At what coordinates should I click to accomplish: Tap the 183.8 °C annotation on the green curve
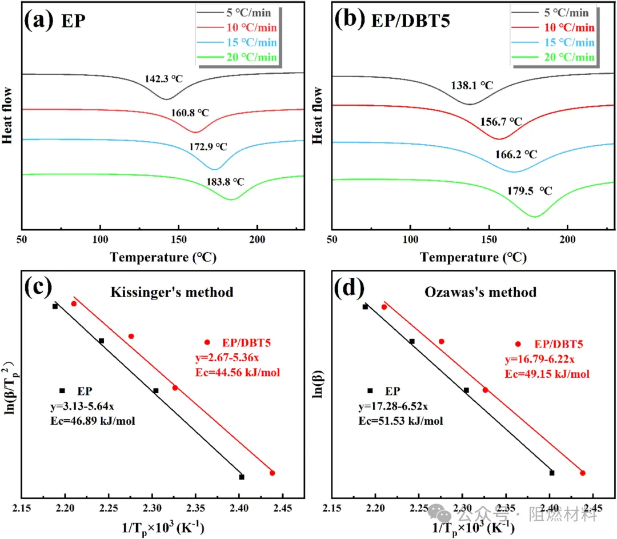(x=226, y=182)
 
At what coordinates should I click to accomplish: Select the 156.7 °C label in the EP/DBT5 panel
(x=501, y=122)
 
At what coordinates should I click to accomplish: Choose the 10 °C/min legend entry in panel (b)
(x=570, y=28)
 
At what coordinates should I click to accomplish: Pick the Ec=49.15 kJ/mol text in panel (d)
(x=547, y=374)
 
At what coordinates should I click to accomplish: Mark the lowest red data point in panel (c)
(x=273, y=473)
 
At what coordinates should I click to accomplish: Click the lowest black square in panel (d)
(x=552, y=473)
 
